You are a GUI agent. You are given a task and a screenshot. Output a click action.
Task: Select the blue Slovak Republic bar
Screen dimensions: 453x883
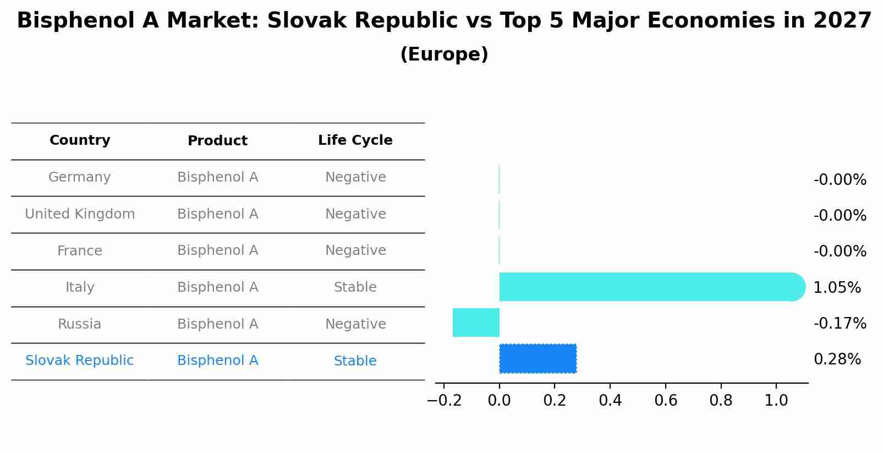click(x=538, y=358)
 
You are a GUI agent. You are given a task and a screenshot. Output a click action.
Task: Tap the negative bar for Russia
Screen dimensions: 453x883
click(x=476, y=323)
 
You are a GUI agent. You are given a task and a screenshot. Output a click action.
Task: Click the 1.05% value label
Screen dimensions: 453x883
click(x=837, y=287)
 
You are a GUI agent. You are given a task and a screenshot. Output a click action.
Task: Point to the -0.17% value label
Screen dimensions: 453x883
click(x=840, y=323)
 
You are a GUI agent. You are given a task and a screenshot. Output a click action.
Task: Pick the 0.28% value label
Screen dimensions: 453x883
click(x=837, y=359)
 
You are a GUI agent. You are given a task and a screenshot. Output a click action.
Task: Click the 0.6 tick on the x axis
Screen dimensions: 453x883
click(x=665, y=400)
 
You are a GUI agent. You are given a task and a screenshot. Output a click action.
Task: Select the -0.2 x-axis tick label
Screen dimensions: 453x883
click(x=444, y=400)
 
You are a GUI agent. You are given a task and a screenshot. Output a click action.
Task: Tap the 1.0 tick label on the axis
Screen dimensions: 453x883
click(x=776, y=400)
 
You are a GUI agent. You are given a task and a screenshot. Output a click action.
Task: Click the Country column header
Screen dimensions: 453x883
click(x=80, y=140)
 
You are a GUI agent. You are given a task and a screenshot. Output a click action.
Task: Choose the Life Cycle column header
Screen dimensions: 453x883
click(x=355, y=140)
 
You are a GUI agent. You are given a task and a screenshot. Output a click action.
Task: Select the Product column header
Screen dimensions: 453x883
click(x=217, y=141)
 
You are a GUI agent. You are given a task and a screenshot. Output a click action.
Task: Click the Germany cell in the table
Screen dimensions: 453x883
click(x=80, y=177)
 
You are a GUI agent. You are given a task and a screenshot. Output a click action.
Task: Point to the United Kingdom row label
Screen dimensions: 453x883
click(x=80, y=214)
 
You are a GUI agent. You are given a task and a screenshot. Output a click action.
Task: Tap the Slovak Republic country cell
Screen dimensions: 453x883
click(x=80, y=361)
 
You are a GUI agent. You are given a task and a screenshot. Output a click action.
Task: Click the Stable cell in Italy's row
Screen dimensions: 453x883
click(x=355, y=287)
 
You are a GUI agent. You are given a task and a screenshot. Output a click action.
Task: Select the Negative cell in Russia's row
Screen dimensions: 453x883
click(x=355, y=324)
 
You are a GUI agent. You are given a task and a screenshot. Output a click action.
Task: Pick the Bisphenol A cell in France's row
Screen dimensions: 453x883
click(x=217, y=250)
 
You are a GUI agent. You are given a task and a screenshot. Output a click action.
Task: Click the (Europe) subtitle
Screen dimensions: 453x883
click(x=444, y=54)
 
